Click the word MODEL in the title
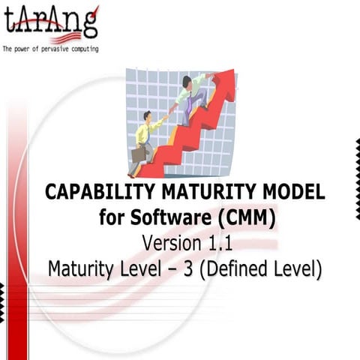294,193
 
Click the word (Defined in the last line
237,268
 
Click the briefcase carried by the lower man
139,154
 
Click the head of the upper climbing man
187,81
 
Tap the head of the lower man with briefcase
148,117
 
